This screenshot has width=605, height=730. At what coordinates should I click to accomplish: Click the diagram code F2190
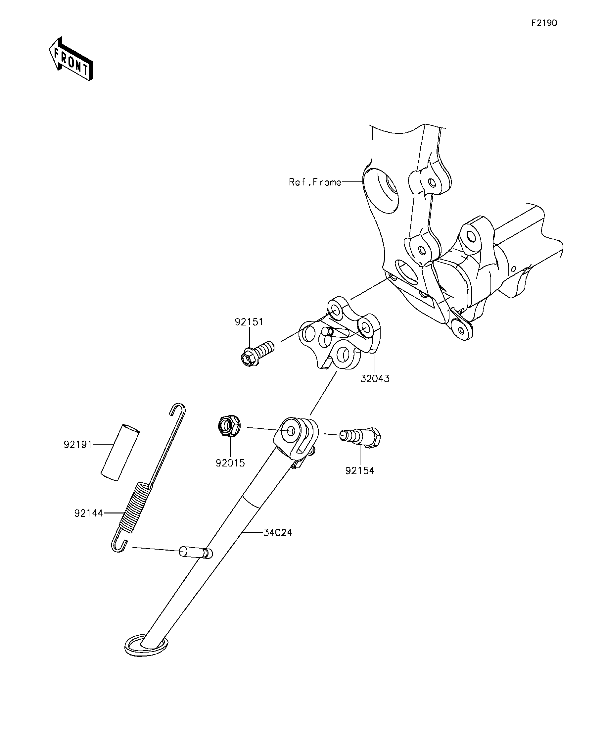click(x=544, y=23)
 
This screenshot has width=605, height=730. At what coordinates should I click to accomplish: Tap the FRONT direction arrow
click(x=71, y=59)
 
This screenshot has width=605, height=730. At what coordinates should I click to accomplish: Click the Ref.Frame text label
click(x=315, y=182)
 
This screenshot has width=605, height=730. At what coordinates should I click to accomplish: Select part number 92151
click(x=249, y=322)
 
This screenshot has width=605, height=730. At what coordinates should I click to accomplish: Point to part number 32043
click(x=375, y=378)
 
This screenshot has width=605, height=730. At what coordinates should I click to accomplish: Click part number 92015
click(x=230, y=463)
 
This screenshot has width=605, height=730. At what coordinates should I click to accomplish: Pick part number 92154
click(x=360, y=471)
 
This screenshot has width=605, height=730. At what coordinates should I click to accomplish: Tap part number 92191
click(x=77, y=444)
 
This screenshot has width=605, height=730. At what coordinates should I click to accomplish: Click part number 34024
click(x=277, y=542)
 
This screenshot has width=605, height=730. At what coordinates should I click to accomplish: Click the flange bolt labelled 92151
click(x=257, y=353)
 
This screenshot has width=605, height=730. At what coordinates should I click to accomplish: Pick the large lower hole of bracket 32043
click(x=344, y=355)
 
